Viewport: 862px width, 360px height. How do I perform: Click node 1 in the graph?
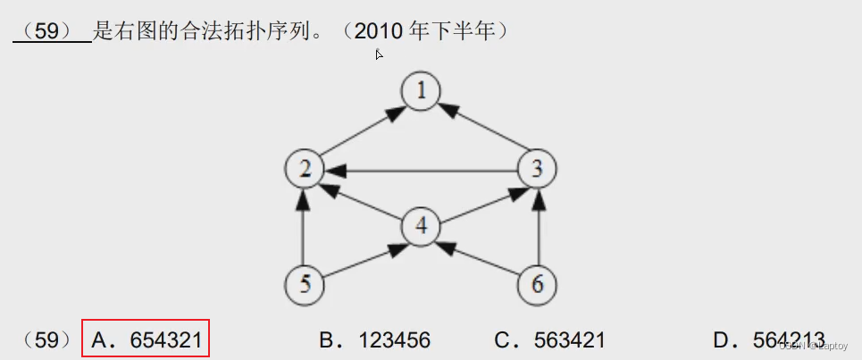[420, 91]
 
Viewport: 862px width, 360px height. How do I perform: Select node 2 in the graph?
[304, 168]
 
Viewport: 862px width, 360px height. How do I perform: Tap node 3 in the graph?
[537, 168]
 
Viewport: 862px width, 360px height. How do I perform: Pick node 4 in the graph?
[421, 226]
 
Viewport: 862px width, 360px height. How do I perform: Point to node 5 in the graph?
[304, 284]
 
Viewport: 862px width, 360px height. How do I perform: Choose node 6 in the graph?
[537, 284]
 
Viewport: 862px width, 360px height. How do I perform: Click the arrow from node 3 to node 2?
[420, 168]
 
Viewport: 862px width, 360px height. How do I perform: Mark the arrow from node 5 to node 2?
[304, 227]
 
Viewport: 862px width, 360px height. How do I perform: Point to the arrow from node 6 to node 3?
[537, 227]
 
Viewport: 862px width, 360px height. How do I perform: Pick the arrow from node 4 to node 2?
[363, 197]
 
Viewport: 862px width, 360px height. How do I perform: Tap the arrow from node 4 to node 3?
[479, 197]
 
